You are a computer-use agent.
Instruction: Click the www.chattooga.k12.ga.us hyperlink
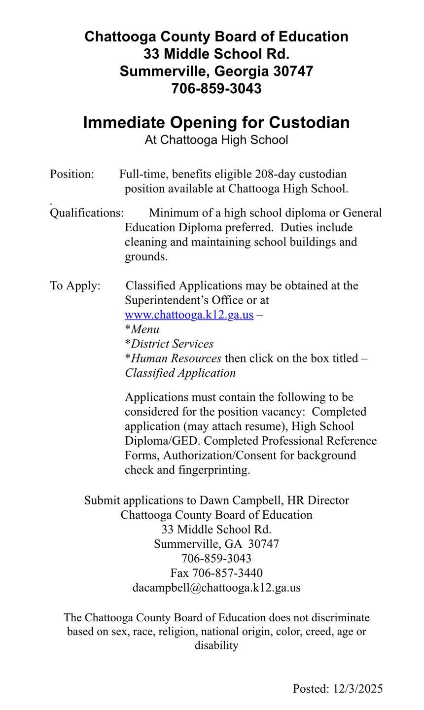click(x=189, y=315)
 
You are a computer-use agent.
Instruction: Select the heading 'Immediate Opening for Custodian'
click(x=216, y=122)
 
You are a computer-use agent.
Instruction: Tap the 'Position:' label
click(x=71, y=174)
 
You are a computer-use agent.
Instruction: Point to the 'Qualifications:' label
click(x=87, y=213)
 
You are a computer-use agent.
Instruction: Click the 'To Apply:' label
click(x=75, y=286)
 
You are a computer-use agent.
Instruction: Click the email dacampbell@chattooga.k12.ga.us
click(x=216, y=588)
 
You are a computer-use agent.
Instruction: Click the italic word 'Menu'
click(x=145, y=329)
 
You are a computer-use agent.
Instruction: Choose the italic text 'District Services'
click(x=172, y=344)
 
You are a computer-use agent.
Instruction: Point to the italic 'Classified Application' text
click(x=180, y=373)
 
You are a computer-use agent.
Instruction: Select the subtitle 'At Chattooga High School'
click(x=216, y=140)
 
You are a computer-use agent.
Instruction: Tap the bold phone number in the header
click(x=216, y=89)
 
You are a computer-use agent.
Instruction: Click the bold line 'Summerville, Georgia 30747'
click(x=216, y=71)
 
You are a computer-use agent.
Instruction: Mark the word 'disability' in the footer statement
click(x=216, y=645)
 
